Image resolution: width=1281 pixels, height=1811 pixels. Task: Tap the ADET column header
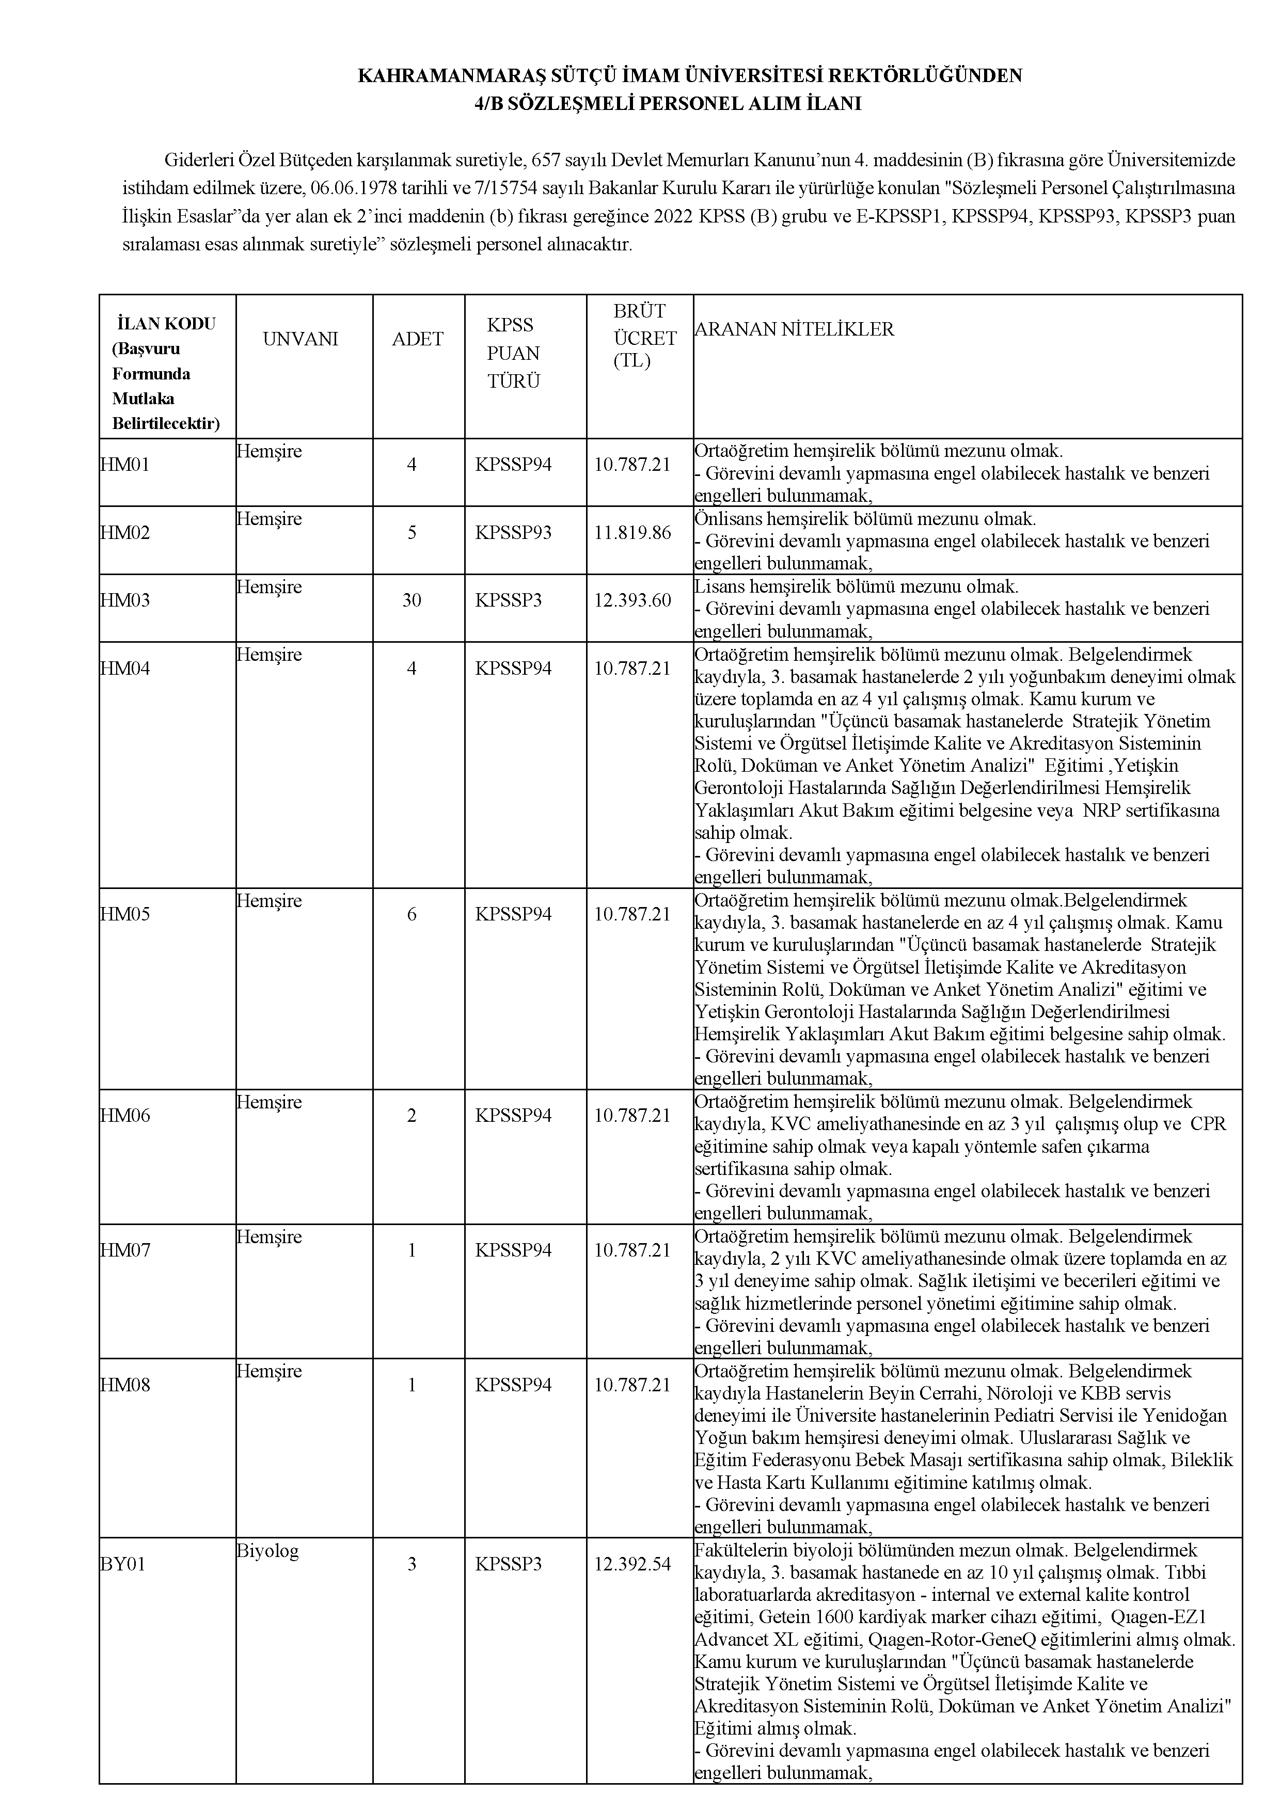coord(417,339)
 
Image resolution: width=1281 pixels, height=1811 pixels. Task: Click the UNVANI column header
coord(300,339)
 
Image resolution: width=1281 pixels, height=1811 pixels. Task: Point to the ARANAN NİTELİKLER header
coord(794,330)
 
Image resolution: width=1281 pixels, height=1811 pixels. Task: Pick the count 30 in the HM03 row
coord(412,600)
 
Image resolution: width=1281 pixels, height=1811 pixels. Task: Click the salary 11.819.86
coord(632,532)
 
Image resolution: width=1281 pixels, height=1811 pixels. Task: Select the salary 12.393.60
coord(632,600)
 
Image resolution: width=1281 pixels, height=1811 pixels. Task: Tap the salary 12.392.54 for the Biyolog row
coord(632,1564)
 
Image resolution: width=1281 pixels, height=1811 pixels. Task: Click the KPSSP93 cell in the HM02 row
coord(514,532)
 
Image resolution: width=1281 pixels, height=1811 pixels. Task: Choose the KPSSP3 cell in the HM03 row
coord(509,600)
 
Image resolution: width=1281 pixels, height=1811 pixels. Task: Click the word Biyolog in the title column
coord(267,1551)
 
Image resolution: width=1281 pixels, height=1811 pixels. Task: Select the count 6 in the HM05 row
coord(412,914)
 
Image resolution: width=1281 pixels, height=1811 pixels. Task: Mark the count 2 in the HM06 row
coord(412,1115)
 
